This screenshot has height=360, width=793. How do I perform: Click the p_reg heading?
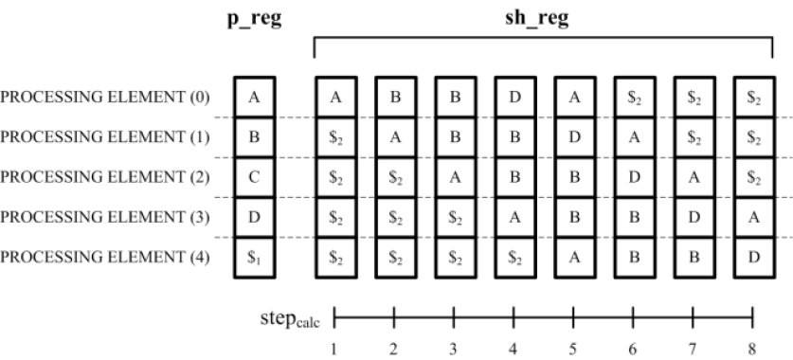253,19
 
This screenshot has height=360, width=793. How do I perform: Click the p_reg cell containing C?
253,176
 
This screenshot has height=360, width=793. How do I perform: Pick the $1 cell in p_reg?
253,256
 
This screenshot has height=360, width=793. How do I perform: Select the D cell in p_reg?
253,216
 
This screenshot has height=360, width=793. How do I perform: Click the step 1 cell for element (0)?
334,97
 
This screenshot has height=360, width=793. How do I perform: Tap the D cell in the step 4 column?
514,97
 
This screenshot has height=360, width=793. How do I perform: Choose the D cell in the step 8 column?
752,256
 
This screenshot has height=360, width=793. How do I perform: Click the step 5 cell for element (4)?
573,256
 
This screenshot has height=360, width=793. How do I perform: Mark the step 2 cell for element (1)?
394,136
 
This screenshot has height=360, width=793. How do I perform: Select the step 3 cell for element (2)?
454,176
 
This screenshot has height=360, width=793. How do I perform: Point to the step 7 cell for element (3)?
693,216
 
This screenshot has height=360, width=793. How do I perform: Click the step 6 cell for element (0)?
633,97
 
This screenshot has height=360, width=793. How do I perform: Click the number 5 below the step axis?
573,349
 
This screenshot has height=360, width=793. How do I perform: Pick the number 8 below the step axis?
752,349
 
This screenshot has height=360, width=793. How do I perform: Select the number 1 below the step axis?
334,349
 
